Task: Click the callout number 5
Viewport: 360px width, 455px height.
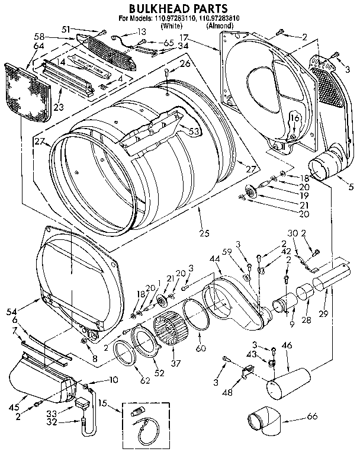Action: [x=351, y=188]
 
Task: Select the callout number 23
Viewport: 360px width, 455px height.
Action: [x=58, y=107]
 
